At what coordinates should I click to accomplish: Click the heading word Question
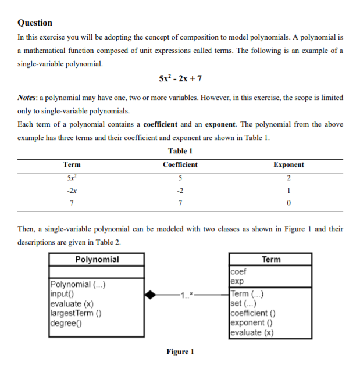point(35,23)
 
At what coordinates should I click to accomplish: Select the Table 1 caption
point(180,151)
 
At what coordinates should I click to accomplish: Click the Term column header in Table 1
point(72,164)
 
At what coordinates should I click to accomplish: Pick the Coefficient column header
point(180,164)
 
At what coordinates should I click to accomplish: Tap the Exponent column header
point(288,164)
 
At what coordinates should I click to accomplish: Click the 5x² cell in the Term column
point(72,177)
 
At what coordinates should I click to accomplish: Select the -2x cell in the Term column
point(72,189)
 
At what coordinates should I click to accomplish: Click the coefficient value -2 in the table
point(180,189)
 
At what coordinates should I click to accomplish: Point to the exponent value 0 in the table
point(288,202)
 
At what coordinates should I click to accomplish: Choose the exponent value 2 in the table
point(288,177)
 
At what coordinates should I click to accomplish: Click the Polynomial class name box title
point(97,260)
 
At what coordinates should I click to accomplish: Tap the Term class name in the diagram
point(271,260)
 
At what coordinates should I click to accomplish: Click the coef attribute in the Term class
point(238,270)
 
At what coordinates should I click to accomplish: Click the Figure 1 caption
point(180,352)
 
